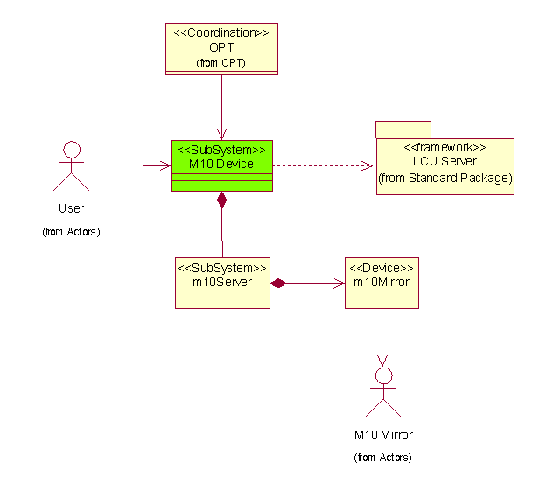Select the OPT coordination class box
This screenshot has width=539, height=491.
[x=221, y=48]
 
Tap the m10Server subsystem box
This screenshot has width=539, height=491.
[x=222, y=282]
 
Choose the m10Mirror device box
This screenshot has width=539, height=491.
[x=381, y=282]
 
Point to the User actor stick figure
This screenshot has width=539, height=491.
[x=72, y=165]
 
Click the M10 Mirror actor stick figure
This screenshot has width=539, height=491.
[x=382, y=391]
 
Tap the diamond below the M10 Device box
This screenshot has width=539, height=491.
[x=222, y=200]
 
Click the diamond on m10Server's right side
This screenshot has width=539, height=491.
[x=278, y=283]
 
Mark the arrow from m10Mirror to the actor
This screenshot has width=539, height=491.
[x=381, y=337]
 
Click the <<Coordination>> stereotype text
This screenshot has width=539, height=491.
[x=221, y=32]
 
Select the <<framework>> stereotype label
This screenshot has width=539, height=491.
[x=444, y=147]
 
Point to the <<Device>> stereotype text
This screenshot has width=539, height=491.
[x=381, y=266]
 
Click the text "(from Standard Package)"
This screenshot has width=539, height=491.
[x=444, y=178]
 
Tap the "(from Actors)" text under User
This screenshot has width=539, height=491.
[x=71, y=232]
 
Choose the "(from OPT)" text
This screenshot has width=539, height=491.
[x=220, y=63]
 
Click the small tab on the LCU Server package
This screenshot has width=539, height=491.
[x=403, y=130]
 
